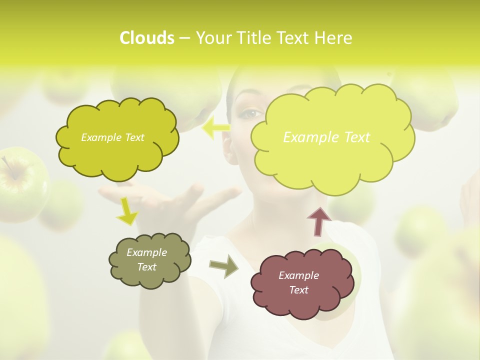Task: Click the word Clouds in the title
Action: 146,38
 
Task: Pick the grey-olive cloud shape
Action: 149,260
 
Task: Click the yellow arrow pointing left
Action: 216,127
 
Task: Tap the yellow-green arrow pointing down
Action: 127,210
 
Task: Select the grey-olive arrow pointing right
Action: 223,265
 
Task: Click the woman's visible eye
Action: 250,113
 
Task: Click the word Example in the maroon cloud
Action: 298,275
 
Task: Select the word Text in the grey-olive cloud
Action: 147,267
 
